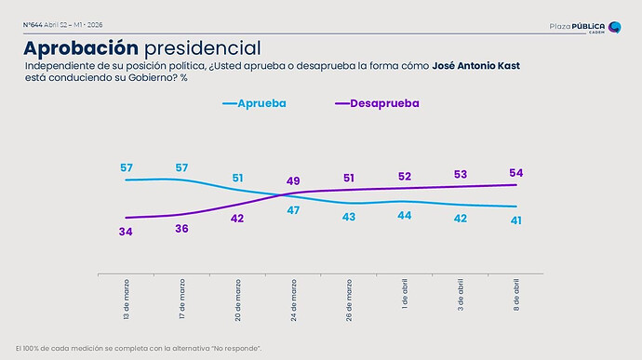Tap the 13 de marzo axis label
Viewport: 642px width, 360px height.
pos(127,299)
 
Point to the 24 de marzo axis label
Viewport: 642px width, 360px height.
pos(293,299)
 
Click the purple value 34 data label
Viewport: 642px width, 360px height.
pos(126,231)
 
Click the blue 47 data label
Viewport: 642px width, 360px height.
pos(293,211)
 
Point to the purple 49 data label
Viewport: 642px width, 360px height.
pos(293,180)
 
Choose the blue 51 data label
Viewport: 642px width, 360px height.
pos(238,178)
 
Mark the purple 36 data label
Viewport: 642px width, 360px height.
pos(181,229)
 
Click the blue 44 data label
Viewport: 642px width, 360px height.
pos(405,215)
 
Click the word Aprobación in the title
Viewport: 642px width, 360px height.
pos(81,47)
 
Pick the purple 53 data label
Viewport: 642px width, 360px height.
pos(461,174)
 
